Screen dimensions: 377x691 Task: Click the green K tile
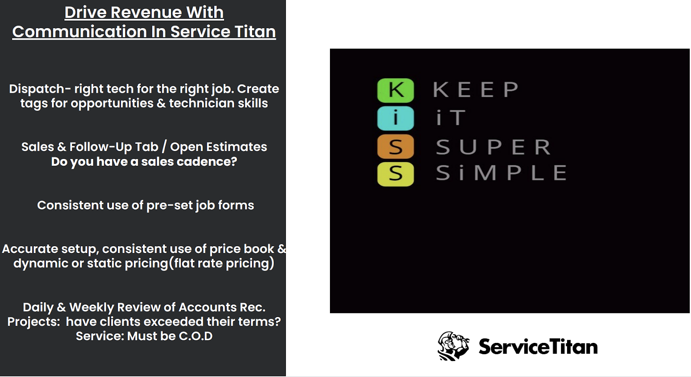click(x=396, y=90)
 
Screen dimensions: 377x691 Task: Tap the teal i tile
click(x=396, y=118)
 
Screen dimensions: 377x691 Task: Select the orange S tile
click(x=396, y=147)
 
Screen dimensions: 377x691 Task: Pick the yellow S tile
click(x=396, y=174)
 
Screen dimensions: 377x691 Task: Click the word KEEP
click(x=475, y=90)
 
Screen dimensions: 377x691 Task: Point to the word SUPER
click(x=494, y=147)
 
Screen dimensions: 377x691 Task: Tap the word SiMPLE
click(x=501, y=173)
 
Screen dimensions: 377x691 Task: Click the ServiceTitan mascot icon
click(x=453, y=346)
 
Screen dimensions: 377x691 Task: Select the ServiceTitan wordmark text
click(x=538, y=347)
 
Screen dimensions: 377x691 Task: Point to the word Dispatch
click(x=37, y=89)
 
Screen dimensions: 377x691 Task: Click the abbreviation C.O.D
click(x=196, y=336)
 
